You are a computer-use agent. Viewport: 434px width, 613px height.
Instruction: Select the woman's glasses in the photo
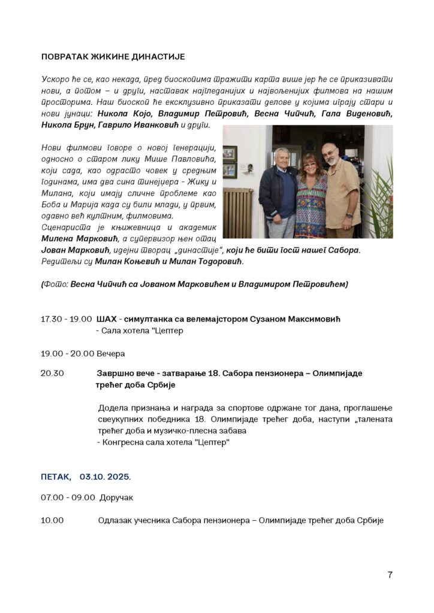pyautogui.click(x=312, y=162)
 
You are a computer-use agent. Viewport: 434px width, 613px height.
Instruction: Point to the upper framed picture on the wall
pyautogui.click(x=230, y=154)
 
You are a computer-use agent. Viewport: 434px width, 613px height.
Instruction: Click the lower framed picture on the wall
pyautogui.click(x=230, y=171)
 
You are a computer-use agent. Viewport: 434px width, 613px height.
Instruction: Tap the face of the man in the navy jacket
pyautogui.click(x=281, y=157)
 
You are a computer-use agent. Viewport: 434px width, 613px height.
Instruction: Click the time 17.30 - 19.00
pyautogui.click(x=66, y=320)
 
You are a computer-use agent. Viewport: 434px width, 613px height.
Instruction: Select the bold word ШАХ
pyautogui.click(x=106, y=320)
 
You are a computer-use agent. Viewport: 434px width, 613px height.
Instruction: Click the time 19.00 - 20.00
pyautogui.click(x=66, y=353)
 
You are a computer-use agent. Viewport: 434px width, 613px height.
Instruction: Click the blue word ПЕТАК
pyautogui.click(x=56, y=477)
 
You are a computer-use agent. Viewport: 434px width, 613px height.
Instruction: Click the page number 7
pyautogui.click(x=390, y=575)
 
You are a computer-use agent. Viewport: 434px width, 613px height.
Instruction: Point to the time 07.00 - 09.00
pyautogui.click(x=68, y=497)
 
